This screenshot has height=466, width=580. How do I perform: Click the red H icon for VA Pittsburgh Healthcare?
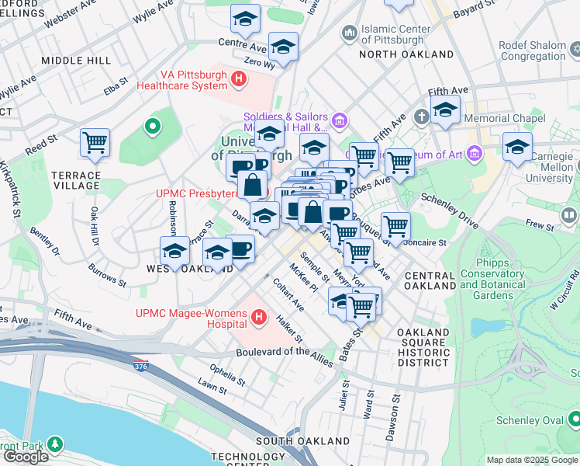(239, 78)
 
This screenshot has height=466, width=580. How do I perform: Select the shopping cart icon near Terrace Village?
(95, 143)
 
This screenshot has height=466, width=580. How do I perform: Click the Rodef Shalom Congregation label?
(533, 50)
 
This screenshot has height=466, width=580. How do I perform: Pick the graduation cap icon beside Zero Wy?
(283, 47)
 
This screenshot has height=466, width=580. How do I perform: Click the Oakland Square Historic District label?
(423, 347)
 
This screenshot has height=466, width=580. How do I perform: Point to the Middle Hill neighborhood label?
(77, 60)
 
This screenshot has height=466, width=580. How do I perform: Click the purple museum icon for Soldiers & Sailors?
(339, 120)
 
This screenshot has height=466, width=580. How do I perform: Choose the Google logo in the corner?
(25, 457)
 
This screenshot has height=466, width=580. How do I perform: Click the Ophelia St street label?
(226, 377)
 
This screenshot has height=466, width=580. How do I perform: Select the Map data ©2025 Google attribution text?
(532, 460)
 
